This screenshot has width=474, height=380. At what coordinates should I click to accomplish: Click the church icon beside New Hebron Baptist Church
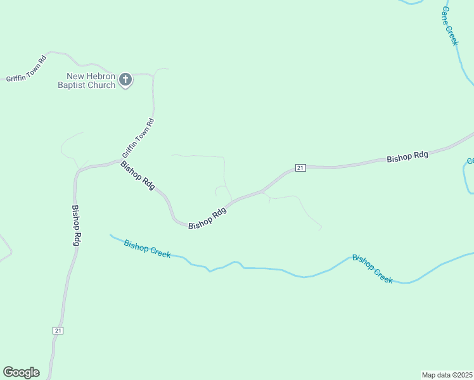(x=125, y=80)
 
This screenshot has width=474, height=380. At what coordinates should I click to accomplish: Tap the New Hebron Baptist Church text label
(x=87, y=80)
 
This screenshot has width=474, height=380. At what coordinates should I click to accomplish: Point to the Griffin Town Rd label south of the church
(x=138, y=138)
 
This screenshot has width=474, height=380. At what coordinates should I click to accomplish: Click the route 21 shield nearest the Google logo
(x=58, y=331)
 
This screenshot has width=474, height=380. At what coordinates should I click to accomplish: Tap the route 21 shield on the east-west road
(x=300, y=167)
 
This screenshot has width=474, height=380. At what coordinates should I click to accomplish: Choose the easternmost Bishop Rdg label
(x=407, y=156)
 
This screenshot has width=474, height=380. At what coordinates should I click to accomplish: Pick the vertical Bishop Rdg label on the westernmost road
(x=77, y=225)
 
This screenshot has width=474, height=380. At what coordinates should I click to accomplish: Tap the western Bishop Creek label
(x=147, y=248)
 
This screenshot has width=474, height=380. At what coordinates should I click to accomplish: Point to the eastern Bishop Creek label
(x=373, y=269)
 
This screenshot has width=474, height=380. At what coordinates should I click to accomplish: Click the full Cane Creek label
(x=449, y=27)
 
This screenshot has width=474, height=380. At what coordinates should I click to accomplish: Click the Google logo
(x=21, y=372)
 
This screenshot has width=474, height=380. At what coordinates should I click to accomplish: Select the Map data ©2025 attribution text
(x=447, y=374)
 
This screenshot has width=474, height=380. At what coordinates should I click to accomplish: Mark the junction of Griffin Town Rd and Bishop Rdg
(x=118, y=160)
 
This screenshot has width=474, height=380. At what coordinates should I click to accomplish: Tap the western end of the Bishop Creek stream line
(x=111, y=235)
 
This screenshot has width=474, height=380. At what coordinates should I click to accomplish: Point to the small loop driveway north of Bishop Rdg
(x=222, y=189)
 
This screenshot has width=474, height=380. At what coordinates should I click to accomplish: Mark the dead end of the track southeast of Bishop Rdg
(x=321, y=229)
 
